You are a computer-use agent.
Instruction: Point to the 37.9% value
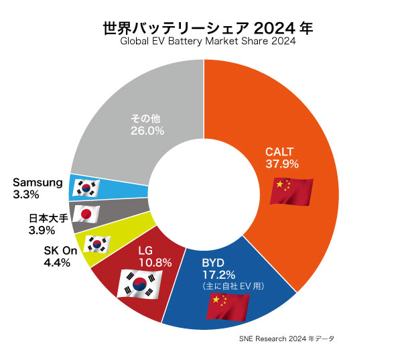[x=281, y=164]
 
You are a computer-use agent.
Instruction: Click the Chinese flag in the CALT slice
[x=291, y=191]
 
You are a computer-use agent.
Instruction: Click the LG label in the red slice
[x=145, y=251]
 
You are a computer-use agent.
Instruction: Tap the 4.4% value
[x=57, y=262]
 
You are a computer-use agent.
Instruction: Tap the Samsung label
[x=38, y=182]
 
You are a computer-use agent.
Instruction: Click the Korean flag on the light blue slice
[x=85, y=187]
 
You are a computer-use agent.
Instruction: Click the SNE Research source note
[x=285, y=339]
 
